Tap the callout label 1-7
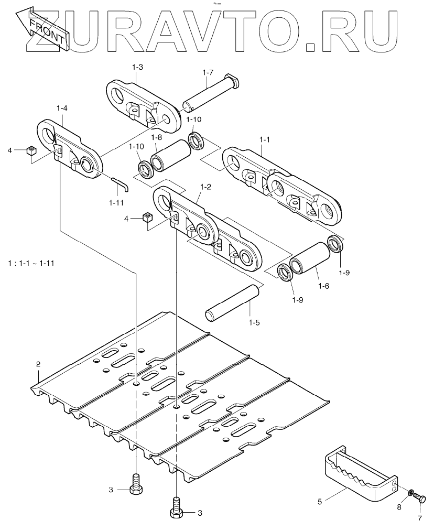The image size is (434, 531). coord(208,72)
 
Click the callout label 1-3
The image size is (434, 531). coord(138,67)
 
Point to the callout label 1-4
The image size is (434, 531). coord(61,108)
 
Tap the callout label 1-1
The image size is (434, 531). coord(264,140)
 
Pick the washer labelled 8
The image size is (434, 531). coord(412,493)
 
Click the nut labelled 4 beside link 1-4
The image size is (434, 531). coord(30,151)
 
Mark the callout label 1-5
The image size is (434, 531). coord(254,322)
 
